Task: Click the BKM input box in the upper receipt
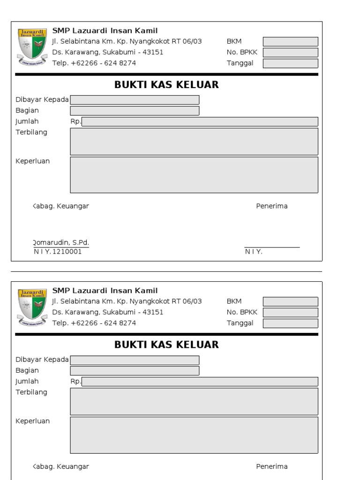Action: click(290, 42)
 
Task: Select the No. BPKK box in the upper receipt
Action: click(290, 52)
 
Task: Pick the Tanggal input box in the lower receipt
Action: click(290, 323)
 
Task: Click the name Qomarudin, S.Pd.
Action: click(60, 243)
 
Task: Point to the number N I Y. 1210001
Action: click(58, 252)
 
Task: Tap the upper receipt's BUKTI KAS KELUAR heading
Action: click(166, 85)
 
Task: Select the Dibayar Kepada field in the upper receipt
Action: click(135, 100)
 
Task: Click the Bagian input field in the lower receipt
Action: click(135, 371)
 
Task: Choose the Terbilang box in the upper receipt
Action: click(194, 142)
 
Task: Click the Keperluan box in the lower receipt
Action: click(194, 435)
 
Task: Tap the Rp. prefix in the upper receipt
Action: click(75, 122)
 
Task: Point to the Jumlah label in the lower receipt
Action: click(27, 382)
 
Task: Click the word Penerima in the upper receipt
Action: click(272, 206)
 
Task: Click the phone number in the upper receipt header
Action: click(94, 63)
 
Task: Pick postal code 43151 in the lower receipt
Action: click(153, 312)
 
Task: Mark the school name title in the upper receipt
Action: click(105, 31)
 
